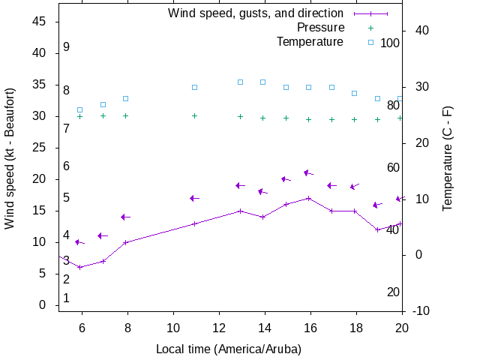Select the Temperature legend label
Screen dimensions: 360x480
coord(310,41)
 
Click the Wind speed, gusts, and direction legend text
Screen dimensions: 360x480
coord(256,13)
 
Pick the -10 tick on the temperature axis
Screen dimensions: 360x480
coord(420,311)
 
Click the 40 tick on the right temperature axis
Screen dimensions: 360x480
coord(421,31)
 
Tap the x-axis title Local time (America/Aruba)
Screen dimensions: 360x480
coord(228,349)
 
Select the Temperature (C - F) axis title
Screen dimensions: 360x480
coord(448,157)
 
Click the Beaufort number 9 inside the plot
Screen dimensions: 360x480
coord(67,47)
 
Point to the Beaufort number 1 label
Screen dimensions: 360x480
coord(67,298)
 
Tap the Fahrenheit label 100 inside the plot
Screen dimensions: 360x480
coord(390,43)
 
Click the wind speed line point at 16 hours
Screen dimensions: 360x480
coord(308,198)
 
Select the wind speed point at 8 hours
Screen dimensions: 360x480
coord(126,242)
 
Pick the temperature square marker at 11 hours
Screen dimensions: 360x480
coord(194,87)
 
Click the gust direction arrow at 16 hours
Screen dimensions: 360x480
coord(307,173)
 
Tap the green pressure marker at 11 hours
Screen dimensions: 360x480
coord(194,115)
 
